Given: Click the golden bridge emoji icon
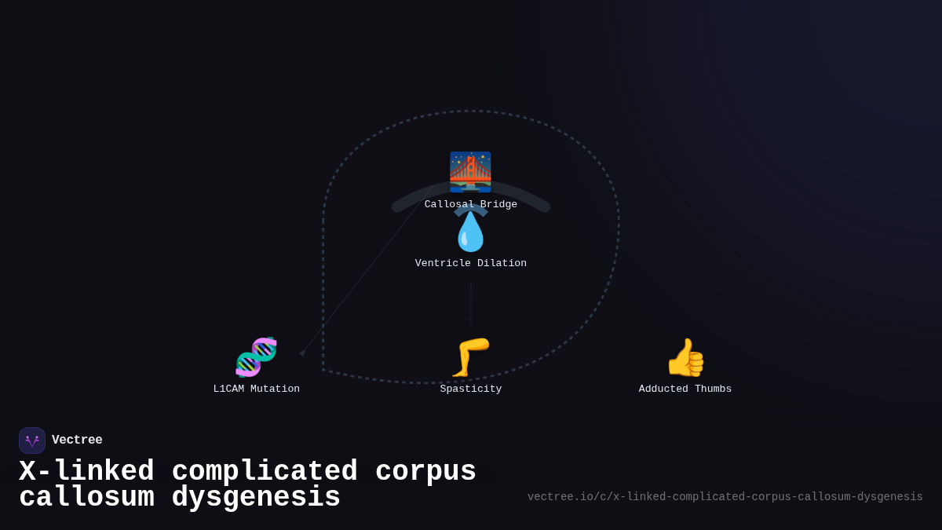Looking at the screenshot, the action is pyautogui.click(x=470, y=172).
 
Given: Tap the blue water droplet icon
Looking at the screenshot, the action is pyautogui.click(x=470, y=232).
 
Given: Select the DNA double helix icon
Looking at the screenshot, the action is pyautogui.click(x=256, y=357).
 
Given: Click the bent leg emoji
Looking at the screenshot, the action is pyautogui.click(x=470, y=357).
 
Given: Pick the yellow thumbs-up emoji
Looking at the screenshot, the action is pyautogui.click(x=685, y=357).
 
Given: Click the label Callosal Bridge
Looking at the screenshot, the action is pyautogui.click(x=470, y=204).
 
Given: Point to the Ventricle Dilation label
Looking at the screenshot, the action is pyautogui.click(x=470, y=263).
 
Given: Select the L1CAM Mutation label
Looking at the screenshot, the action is pyautogui.click(x=257, y=389).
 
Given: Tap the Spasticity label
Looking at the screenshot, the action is pyautogui.click(x=470, y=389).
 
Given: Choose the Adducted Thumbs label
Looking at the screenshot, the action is pyautogui.click(x=685, y=389).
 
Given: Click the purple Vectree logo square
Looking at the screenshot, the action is pyautogui.click(x=32, y=440).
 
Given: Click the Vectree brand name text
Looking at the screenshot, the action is pyautogui.click(x=77, y=440).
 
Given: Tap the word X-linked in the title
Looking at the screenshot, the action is pyautogui.click(x=86, y=471).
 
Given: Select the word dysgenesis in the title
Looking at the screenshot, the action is pyautogui.click(x=256, y=497).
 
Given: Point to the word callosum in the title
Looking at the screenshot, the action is pyautogui.click(x=86, y=497).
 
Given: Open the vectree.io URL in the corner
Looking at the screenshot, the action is pyautogui.click(x=725, y=497).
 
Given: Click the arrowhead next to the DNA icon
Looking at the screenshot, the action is pyautogui.click(x=302, y=353).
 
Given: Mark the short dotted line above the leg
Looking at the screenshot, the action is pyautogui.click(x=471, y=304).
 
